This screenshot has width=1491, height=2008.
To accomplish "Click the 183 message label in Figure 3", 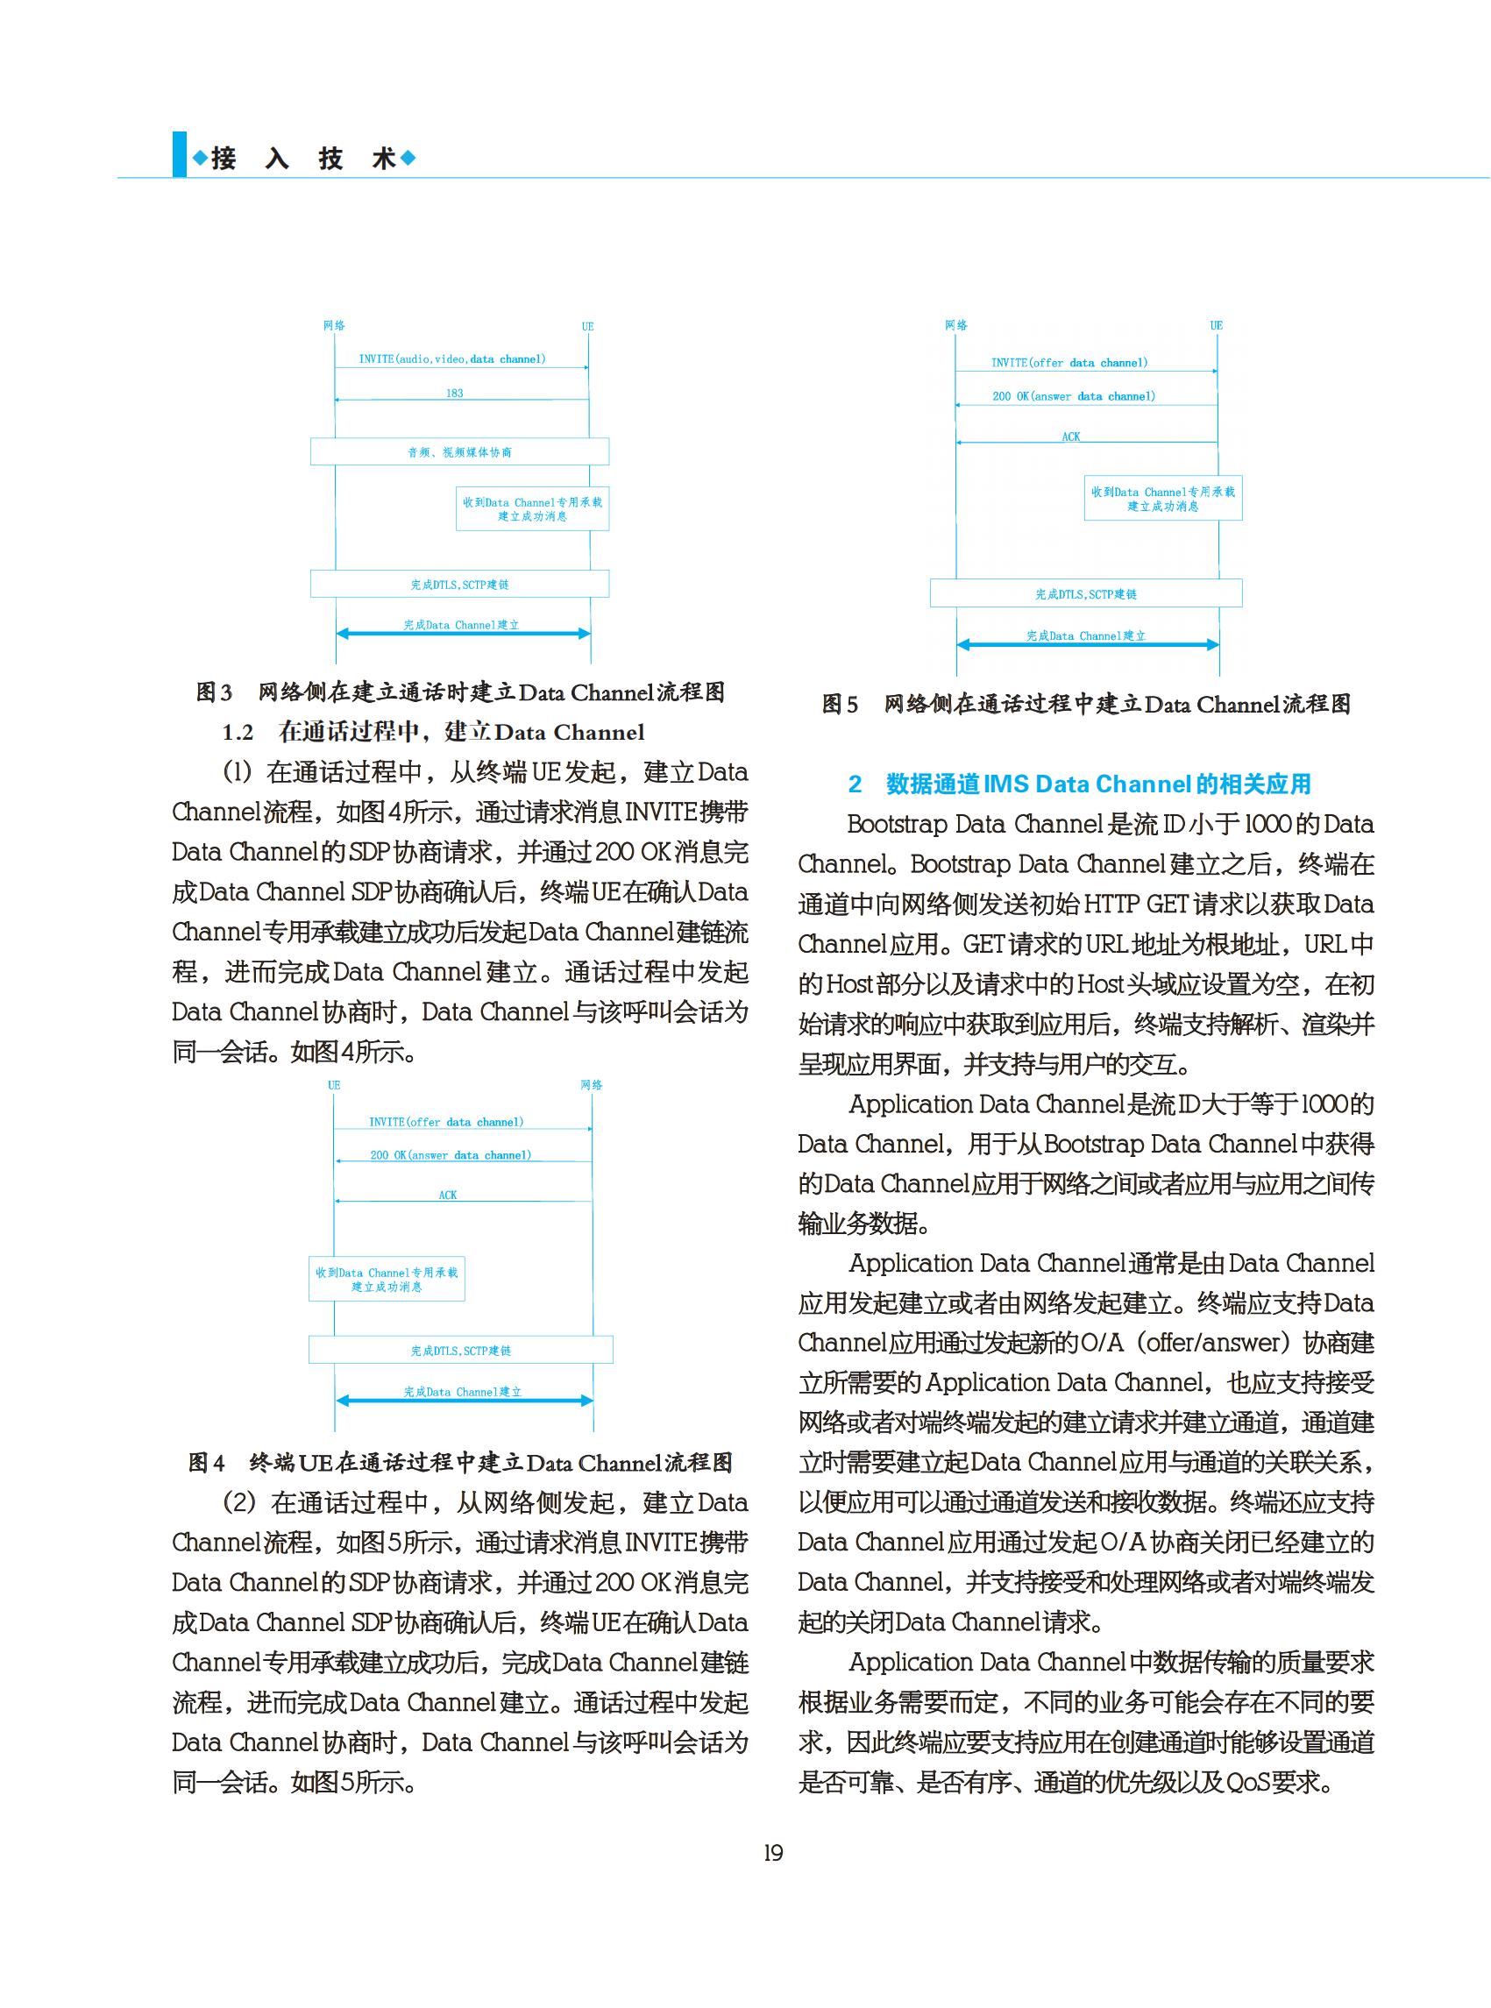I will (454, 394).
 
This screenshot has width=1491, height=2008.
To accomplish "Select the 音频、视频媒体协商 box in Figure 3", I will (459, 452).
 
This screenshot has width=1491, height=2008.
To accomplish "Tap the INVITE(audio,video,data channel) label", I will (452, 359).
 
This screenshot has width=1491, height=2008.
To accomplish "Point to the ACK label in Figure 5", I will (1070, 436).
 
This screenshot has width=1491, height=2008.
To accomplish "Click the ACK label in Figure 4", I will (448, 1195).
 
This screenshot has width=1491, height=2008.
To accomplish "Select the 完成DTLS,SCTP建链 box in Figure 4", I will (460, 1350).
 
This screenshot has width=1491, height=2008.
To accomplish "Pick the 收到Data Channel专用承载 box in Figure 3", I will (533, 509).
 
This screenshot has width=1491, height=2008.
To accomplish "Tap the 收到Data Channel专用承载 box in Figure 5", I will (1162, 499).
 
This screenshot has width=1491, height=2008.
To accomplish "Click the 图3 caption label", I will (214, 692).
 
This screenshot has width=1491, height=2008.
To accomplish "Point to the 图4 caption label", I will (207, 1462).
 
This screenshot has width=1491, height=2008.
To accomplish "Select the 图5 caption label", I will (840, 704).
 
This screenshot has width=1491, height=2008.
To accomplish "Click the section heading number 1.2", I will (238, 732).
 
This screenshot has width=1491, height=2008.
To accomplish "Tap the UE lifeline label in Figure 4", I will (334, 1085).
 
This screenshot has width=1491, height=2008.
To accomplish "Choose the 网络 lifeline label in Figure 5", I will (955, 325).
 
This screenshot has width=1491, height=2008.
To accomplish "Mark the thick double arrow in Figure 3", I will (463, 634).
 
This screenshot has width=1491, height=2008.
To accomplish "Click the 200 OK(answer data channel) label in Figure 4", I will (451, 1155).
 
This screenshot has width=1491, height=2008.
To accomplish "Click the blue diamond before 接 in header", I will (200, 159).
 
